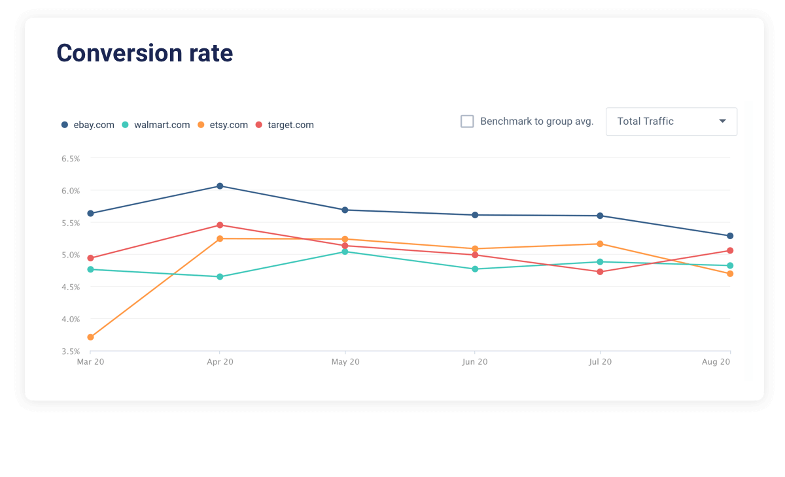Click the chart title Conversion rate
(x=145, y=53)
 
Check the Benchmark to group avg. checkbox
(x=467, y=122)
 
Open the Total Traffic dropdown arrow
(x=722, y=121)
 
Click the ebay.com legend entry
(x=88, y=125)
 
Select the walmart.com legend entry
(x=156, y=125)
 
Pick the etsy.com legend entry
(x=223, y=125)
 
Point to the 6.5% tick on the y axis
(x=70, y=159)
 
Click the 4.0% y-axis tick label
(x=70, y=320)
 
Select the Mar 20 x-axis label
(x=90, y=361)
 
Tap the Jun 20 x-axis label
(x=475, y=361)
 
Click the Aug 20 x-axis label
(x=716, y=361)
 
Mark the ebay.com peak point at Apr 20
(x=220, y=186)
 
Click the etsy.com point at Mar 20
(x=90, y=337)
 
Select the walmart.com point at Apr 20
(x=220, y=277)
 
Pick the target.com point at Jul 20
(x=600, y=272)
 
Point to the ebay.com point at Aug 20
(x=730, y=236)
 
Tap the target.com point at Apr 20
(x=220, y=225)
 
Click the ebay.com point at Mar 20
(x=90, y=214)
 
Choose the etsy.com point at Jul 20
(x=600, y=244)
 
